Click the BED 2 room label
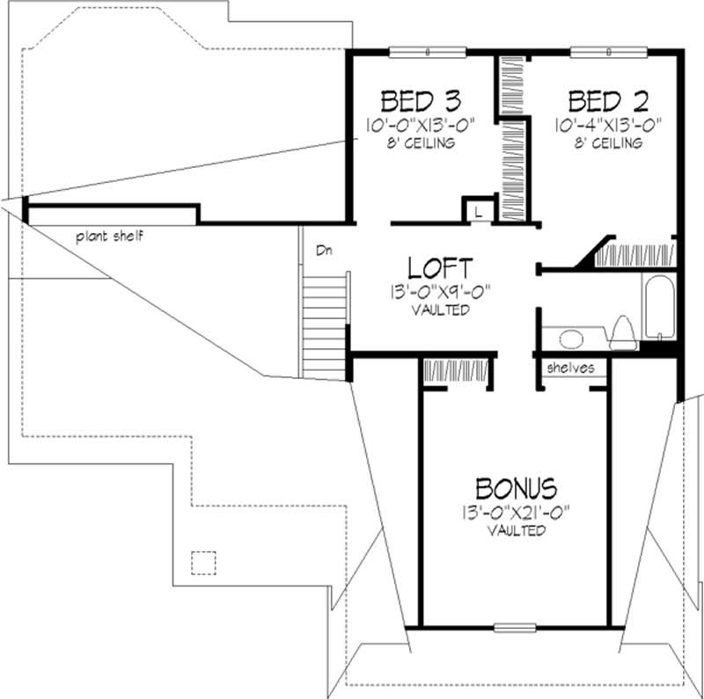click(604, 98)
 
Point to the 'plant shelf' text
click(109, 236)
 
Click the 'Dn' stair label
click(324, 251)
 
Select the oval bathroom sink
click(571, 338)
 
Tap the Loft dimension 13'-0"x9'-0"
click(437, 293)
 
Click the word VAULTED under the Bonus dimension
click(515, 531)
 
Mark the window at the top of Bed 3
click(427, 52)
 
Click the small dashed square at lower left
click(203, 562)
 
